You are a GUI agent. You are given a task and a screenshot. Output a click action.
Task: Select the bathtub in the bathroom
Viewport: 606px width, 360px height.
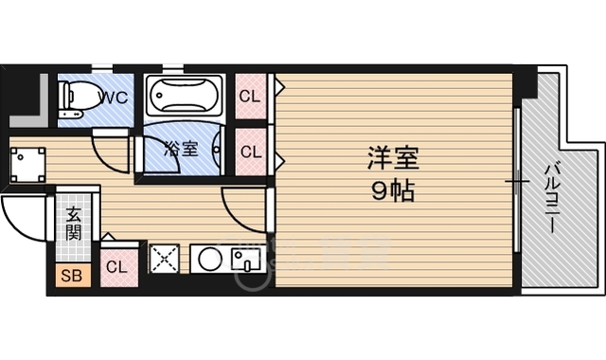pos(186,96)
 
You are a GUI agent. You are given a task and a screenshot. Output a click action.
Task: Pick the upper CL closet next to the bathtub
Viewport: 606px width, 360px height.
pos(250,96)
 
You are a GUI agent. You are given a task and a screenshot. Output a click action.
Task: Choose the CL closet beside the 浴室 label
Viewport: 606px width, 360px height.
pos(250,151)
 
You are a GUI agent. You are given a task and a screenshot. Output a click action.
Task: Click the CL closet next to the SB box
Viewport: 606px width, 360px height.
pos(116,266)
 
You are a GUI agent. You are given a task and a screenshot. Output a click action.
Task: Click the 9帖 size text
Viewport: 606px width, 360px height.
pos(391,189)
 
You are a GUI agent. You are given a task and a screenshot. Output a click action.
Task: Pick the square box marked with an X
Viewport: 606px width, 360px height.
pos(166,260)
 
